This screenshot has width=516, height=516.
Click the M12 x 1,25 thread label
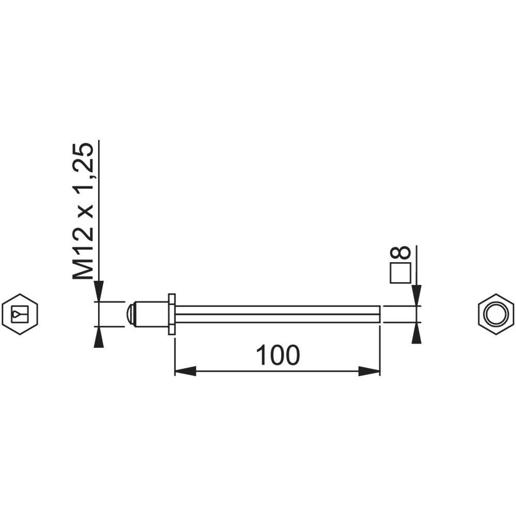point(83,211)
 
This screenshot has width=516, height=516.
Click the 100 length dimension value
point(278,356)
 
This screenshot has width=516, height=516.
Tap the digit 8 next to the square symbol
point(400,252)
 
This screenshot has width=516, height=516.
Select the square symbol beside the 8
point(400,273)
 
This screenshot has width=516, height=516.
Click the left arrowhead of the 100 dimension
point(185,372)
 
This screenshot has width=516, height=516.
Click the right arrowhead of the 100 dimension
point(369,372)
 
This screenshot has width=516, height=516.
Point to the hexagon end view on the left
point(20,314)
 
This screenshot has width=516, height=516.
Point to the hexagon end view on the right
point(495,314)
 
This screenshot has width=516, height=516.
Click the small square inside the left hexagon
point(20,315)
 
